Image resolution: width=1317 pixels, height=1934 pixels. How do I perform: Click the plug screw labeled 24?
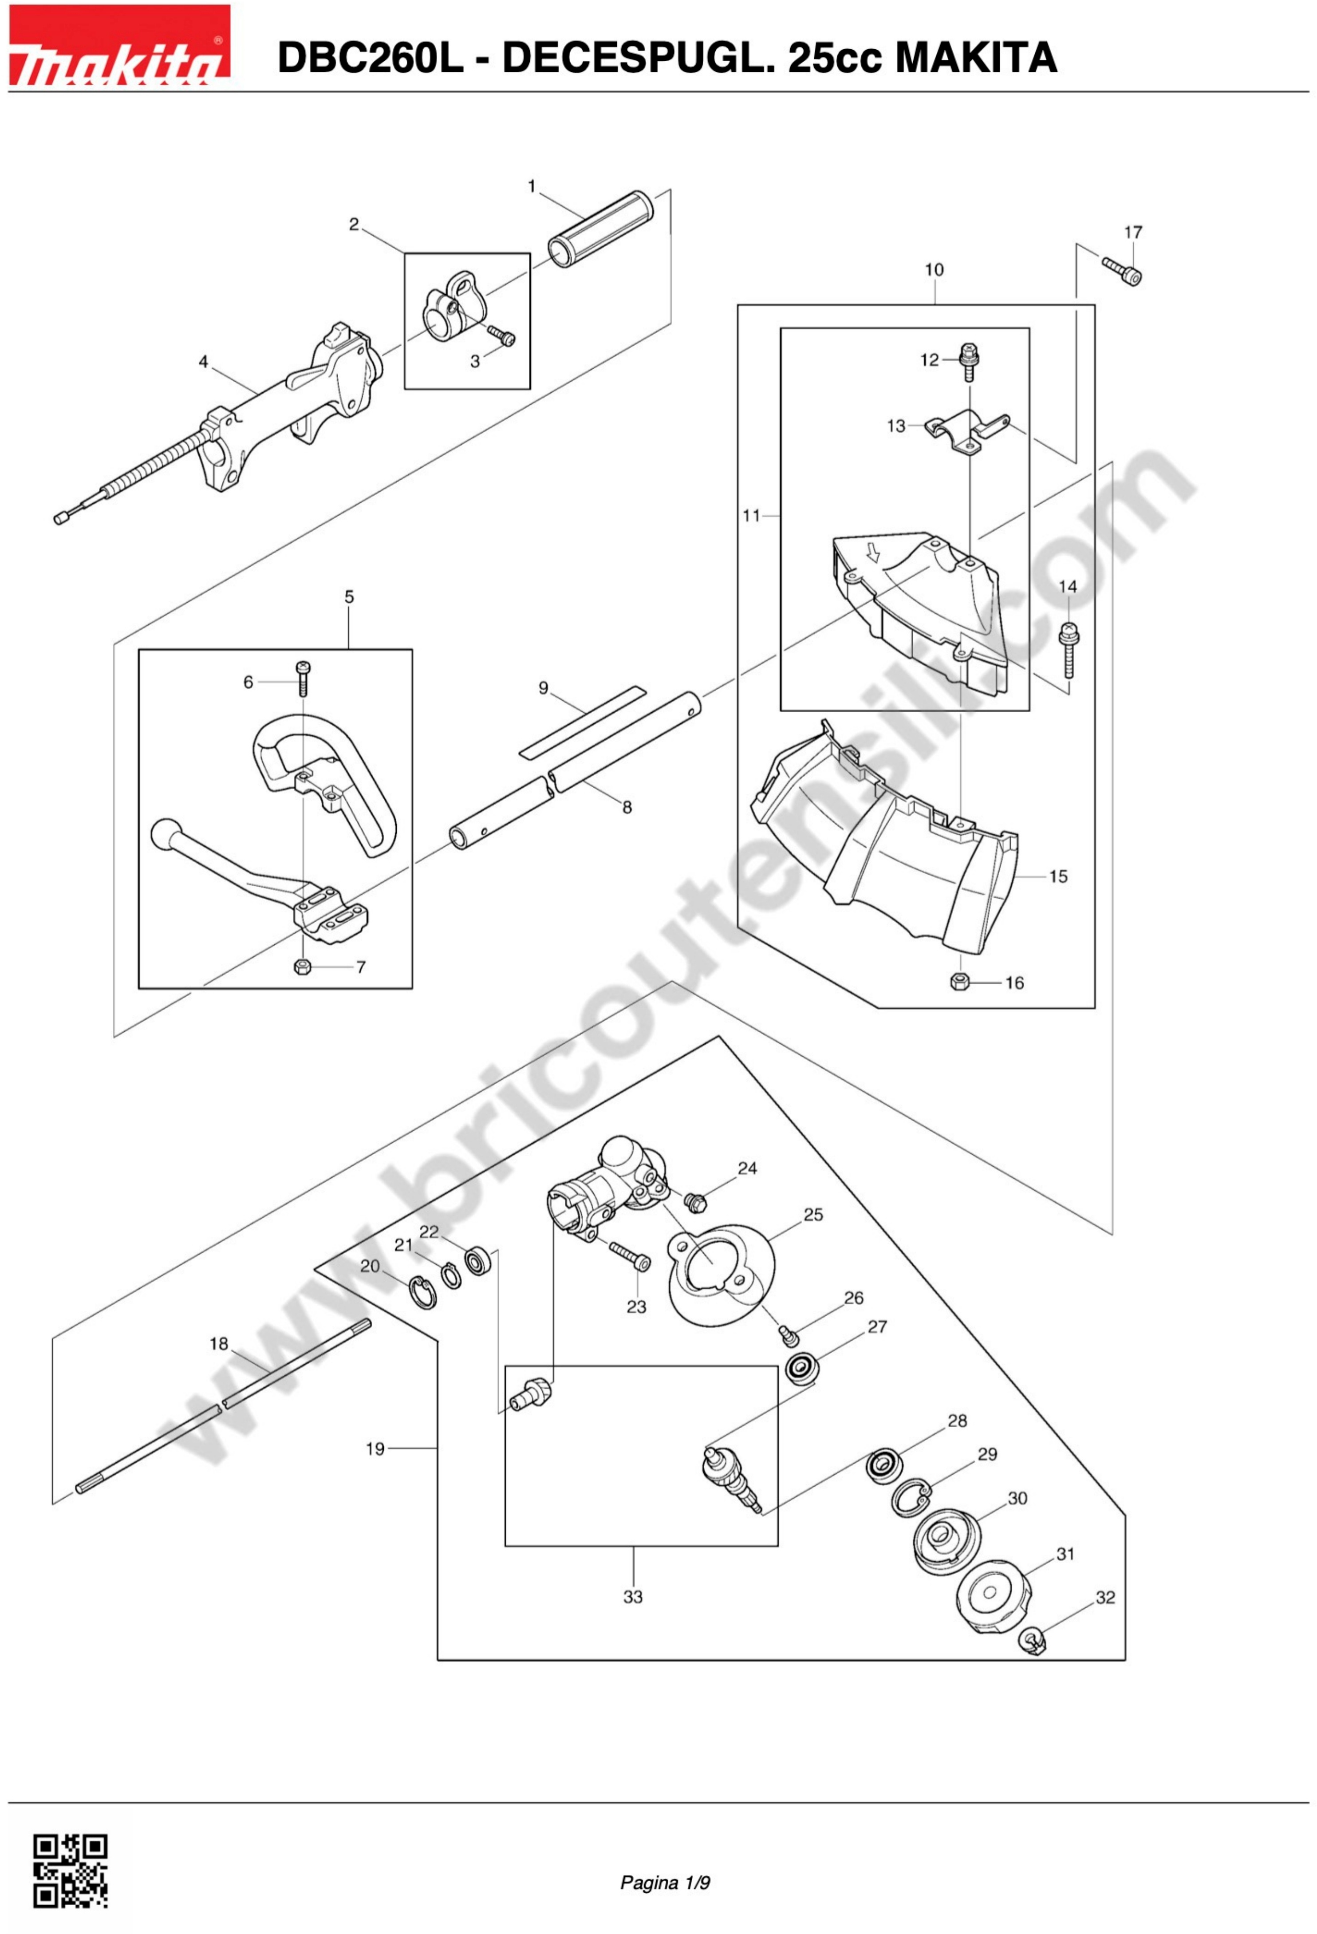[695, 1202]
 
